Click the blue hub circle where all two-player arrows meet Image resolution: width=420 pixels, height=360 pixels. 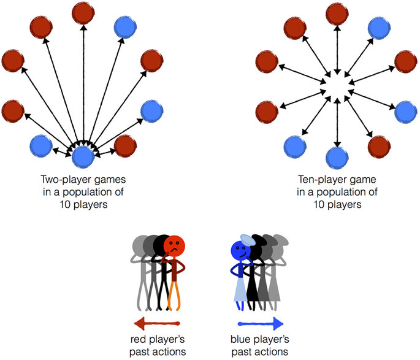point(83,157)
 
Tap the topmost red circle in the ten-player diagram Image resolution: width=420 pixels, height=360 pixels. point(336,12)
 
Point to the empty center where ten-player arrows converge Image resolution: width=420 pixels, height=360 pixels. point(336,85)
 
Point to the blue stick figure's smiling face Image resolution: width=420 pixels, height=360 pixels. point(239,250)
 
